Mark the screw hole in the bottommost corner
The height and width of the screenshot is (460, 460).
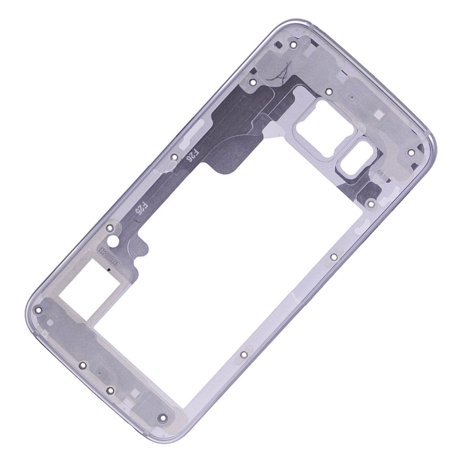click(x=161, y=419)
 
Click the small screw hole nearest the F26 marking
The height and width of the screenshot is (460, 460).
click(x=174, y=157)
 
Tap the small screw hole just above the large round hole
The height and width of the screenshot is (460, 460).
click(x=109, y=227)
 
